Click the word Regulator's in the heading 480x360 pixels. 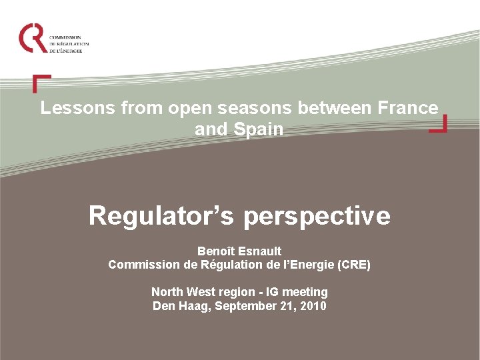[162, 215]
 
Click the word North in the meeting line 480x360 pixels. [167, 292]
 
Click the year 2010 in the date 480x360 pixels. [313, 306]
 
